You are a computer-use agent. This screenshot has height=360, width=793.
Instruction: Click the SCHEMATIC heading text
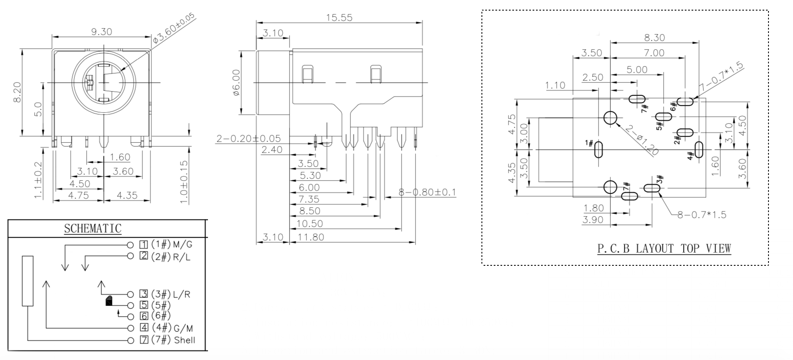(x=93, y=229)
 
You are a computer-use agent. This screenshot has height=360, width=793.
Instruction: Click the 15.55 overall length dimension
(x=339, y=18)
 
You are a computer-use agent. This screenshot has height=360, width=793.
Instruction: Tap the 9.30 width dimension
(x=101, y=32)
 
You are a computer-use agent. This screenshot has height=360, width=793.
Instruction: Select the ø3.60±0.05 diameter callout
(x=174, y=28)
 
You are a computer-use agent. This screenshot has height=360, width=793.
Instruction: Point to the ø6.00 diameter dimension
(x=236, y=82)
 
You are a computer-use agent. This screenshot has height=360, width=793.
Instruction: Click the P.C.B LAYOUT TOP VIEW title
(x=664, y=248)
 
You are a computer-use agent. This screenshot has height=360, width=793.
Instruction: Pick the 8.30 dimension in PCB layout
(x=654, y=38)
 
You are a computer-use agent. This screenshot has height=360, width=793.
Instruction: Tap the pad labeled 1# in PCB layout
(x=599, y=150)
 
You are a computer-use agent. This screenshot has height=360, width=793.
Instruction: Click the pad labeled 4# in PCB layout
(x=699, y=150)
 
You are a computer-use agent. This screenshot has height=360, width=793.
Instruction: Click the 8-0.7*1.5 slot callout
(x=702, y=215)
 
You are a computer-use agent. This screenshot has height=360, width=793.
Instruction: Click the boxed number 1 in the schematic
(x=144, y=244)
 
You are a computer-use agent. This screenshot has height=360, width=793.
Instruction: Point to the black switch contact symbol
(x=109, y=301)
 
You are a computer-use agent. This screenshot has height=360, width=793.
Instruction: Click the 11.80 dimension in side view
(x=311, y=237)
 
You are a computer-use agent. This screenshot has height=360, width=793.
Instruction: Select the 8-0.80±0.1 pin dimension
(x=427, y=192)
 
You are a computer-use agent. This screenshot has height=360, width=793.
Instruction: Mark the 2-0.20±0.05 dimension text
(x=249, y=139)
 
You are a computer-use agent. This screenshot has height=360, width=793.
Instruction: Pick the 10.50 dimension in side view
(x=310, y=224)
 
